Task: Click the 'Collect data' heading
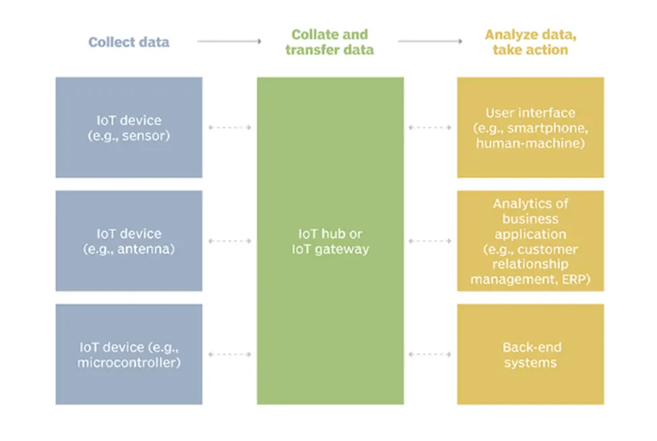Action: pos(129,42)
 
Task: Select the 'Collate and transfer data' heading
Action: pos(330,42)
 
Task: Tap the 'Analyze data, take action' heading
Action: pos(530,42)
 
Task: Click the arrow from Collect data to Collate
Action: pos(229,42)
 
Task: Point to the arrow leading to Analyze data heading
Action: pos(430,42)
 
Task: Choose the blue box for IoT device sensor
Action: pos(129,127)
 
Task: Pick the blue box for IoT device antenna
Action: pos(129,240)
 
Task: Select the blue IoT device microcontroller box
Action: pos(129,354)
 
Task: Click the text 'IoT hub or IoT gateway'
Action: pos(330,241)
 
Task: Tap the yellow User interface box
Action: pos(530,127)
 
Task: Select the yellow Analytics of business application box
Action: pos(530,240)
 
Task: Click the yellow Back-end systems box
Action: pos(530,354)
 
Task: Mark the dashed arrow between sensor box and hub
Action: pos(229,127)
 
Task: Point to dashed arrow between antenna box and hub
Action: pos(229,241)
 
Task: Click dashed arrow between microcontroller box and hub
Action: pos(229,354)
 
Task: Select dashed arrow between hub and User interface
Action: pos(430,127)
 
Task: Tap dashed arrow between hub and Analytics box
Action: pos(430,241)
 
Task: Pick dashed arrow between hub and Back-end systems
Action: pos(430,354)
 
